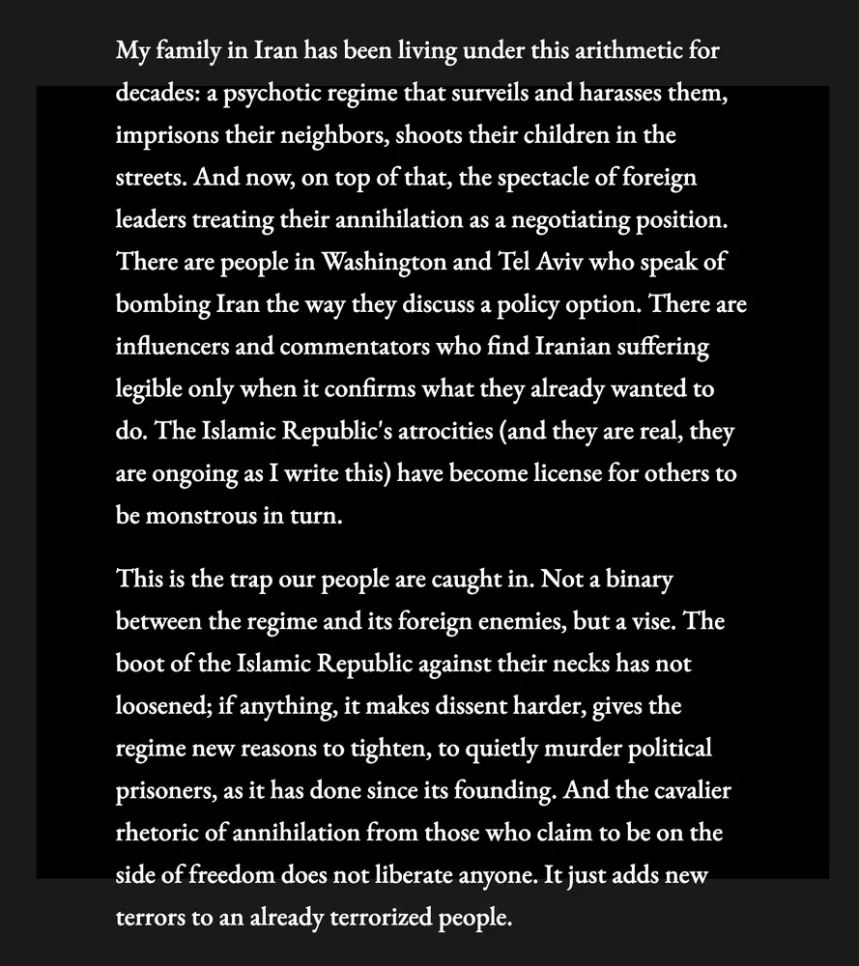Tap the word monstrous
coord(201,515)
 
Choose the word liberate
coord(472,875)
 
